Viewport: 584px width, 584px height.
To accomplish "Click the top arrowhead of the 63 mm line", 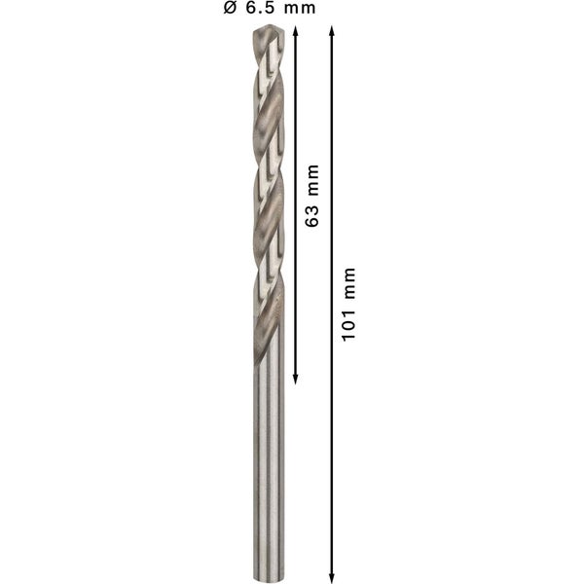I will tap(294, 32).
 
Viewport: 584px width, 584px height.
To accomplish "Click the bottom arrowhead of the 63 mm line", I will tap(294, 377).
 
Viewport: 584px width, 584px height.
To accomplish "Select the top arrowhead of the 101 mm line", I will tap(332, 32).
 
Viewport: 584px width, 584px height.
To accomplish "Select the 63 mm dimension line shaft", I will tap(294, 292).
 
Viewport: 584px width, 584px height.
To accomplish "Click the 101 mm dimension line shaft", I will tap(332, 438).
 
